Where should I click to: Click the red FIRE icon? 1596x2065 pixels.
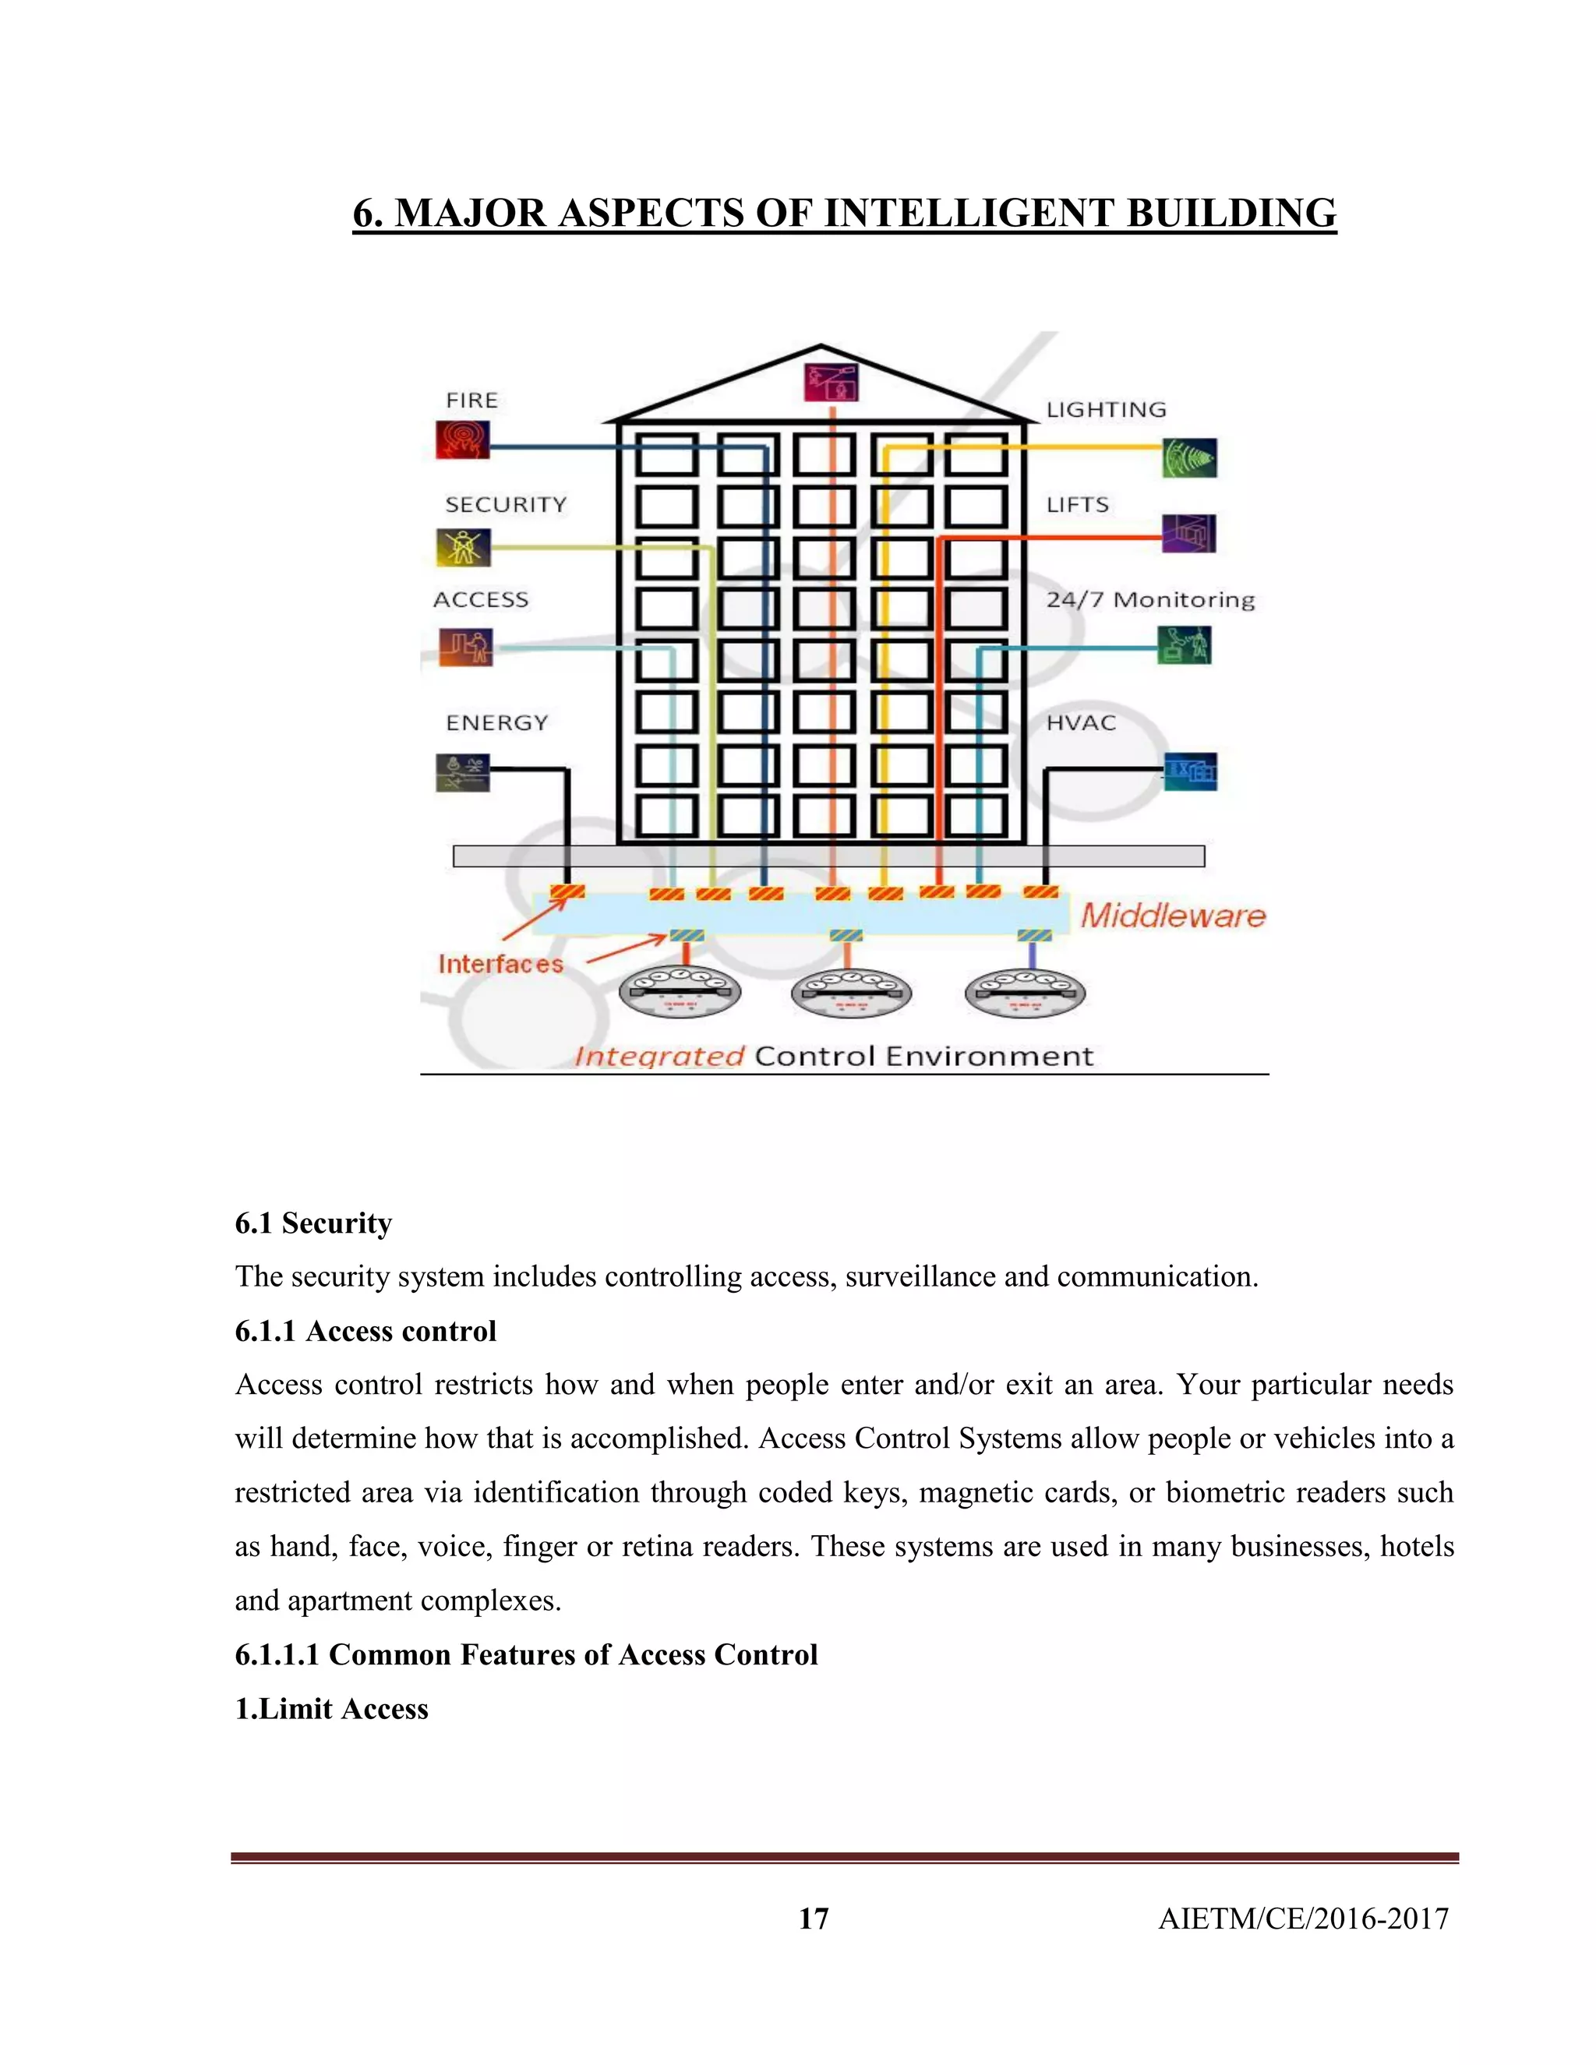462,439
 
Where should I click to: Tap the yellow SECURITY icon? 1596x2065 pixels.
464,546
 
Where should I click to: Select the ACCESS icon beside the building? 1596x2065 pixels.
465,647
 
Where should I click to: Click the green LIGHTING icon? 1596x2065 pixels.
1189,457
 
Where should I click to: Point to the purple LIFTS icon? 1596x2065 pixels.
1188,533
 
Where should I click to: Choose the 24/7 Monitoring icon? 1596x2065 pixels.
1184,645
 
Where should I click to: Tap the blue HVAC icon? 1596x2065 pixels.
1189,771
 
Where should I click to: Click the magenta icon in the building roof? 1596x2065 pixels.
831,381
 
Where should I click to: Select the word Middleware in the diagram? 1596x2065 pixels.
1172,916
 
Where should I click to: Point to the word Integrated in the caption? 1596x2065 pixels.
659,1056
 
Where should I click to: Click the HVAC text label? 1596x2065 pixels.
1081,722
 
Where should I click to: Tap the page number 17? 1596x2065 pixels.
813,1919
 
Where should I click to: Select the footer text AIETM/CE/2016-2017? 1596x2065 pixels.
1303,1919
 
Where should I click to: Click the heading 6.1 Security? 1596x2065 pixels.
313,1223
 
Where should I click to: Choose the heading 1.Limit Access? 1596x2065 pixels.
331,1709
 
